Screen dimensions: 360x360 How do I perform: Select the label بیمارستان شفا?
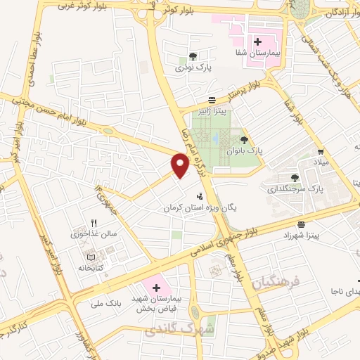point(257,53)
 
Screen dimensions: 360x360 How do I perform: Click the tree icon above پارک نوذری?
point(193,57)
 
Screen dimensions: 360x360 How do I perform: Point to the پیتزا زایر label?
point(212,110)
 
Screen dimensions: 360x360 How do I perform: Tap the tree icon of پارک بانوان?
point(244,140)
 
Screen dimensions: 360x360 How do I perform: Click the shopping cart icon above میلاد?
point(321,151)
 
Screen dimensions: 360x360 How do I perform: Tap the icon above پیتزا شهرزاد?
point(301,223)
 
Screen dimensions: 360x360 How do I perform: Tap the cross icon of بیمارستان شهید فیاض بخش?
point(156,288)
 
